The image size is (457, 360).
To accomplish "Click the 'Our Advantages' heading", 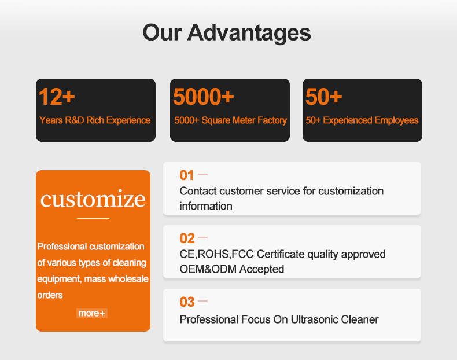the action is tap(227, 32).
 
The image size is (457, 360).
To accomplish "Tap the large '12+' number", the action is tap(57, 97).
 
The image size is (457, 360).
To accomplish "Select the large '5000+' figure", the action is tap(204, 97).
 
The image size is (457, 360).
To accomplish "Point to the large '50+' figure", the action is tap(323, 97).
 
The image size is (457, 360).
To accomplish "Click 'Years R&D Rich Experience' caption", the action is tap(95, 120).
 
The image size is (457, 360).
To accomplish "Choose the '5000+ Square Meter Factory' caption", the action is tap(231, 120).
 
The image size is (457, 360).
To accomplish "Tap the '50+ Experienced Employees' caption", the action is tap(362, 120).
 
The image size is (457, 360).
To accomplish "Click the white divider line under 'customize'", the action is tap(93, 218).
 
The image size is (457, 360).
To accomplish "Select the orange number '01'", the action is tap(186, 175).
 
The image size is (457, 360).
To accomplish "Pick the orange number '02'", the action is tap(187, 238).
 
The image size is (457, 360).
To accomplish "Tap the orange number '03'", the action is tap(187, 302).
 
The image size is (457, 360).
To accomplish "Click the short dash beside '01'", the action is tap(202, 174).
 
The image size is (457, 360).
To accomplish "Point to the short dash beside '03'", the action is tap(202, 301).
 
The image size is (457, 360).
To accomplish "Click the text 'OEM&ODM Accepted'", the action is tap(232, 269).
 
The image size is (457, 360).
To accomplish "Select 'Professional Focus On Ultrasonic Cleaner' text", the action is tap(279, 319).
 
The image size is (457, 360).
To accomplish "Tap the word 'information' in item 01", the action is tap(206, 206).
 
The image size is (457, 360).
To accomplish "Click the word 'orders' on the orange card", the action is tap(50, 295).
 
